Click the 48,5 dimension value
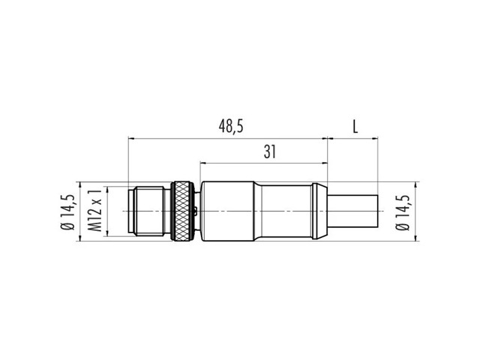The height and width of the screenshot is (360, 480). click(231, 126)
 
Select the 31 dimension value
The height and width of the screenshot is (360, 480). click(270, 151)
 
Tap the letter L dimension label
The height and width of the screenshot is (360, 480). click(355, 127)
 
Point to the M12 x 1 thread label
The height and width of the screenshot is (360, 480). click(94, 210)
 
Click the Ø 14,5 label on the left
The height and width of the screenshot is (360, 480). click(67, 211)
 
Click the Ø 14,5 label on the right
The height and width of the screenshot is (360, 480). click(403, 211)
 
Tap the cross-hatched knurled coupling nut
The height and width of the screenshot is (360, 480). click(182, 211)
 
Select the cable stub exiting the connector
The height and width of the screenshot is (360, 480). click(352, 211)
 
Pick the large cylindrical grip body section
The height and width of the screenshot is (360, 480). click(227, 211)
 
